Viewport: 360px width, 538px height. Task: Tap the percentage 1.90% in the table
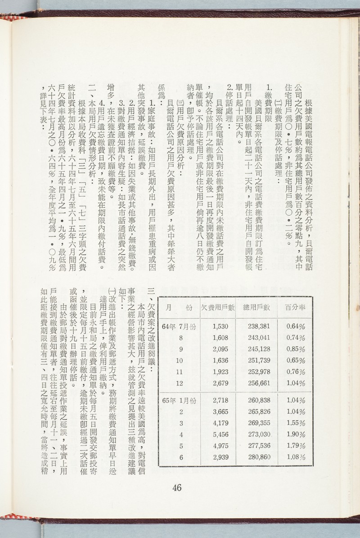coord(296,436)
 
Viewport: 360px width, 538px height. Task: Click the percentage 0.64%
coord(296,326)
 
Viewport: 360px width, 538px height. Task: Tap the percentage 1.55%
coord(296,424)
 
